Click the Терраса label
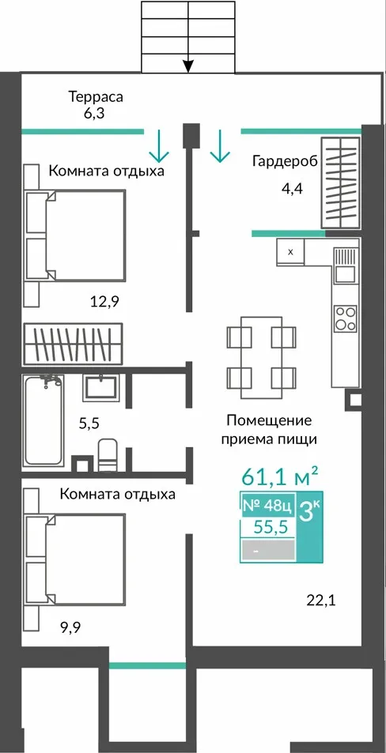coord(96,97)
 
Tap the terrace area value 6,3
coord(94,114)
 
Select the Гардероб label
coord(286,161)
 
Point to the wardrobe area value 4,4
coord(292,188)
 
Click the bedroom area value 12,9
coord(104,302)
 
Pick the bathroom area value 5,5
coord(90,424)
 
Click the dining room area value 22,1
coord(321,600)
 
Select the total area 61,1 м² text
coord(280,476)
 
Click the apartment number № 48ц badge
coord(268,505)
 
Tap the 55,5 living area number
coord(271,527)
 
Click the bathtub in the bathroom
coord(44,421)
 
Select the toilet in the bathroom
coord(108,454)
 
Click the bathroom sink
coord(100,387)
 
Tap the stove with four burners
coord(346,318)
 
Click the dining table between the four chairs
coord(261,358)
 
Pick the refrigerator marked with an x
coord(290,251)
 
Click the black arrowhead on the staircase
coord(188,66)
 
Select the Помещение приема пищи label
coord(269,430)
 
